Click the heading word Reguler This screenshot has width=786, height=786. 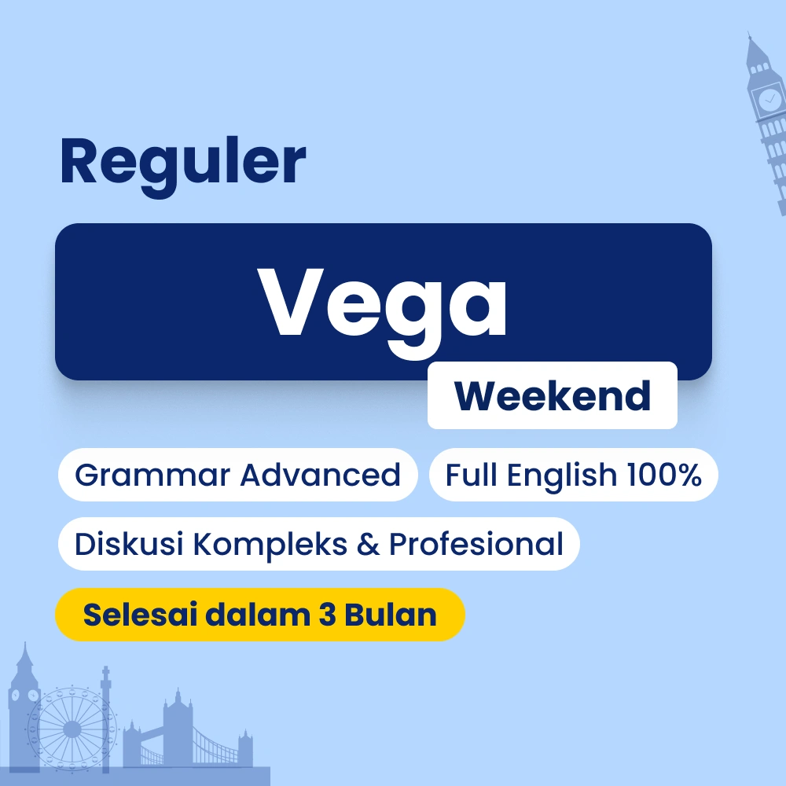[x=182, y=161]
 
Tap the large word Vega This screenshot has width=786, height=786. [x=383, y=302]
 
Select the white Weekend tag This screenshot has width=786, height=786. [x=552, y=395]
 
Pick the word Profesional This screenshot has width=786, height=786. [x=476, y=544]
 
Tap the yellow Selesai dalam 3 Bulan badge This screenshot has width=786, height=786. [x=259, y=615]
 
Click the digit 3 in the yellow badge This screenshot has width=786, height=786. [x=328, y=615]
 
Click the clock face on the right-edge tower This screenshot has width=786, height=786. [x=767, y=100]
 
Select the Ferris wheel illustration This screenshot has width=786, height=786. [x=72, y=729]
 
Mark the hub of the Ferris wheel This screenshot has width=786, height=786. [x=72, y=729]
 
